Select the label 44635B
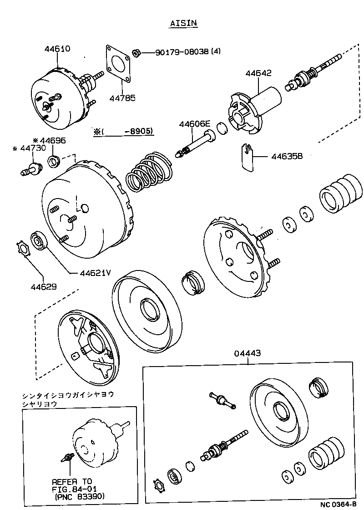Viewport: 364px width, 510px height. [x=287, y=156]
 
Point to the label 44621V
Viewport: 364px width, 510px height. [x=96, y=273]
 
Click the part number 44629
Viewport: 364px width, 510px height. [x=44, y=286]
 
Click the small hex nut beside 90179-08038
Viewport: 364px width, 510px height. [x=136, y=53]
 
